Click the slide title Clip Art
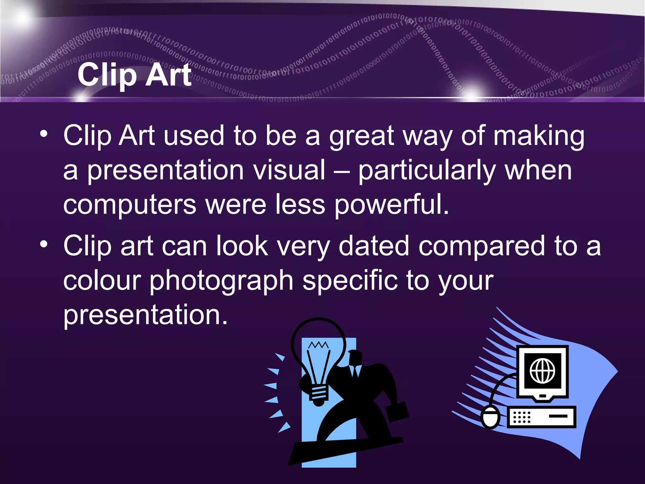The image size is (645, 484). click(x=134, y=75)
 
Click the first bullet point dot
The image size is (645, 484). click(x=44, y=135)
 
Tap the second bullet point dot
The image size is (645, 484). click(x=44, y=244)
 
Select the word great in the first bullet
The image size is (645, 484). click(x=361, y=136)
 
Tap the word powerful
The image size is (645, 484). click(x=391, y=205)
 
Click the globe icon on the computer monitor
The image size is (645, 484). click(x=542, y=371)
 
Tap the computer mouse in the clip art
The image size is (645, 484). click(x=490, y=417)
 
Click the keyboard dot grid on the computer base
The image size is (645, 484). click(x=522, y=417)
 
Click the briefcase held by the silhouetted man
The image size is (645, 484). click(x=397, y=412)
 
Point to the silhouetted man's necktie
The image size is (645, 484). click(x=356, y=372)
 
